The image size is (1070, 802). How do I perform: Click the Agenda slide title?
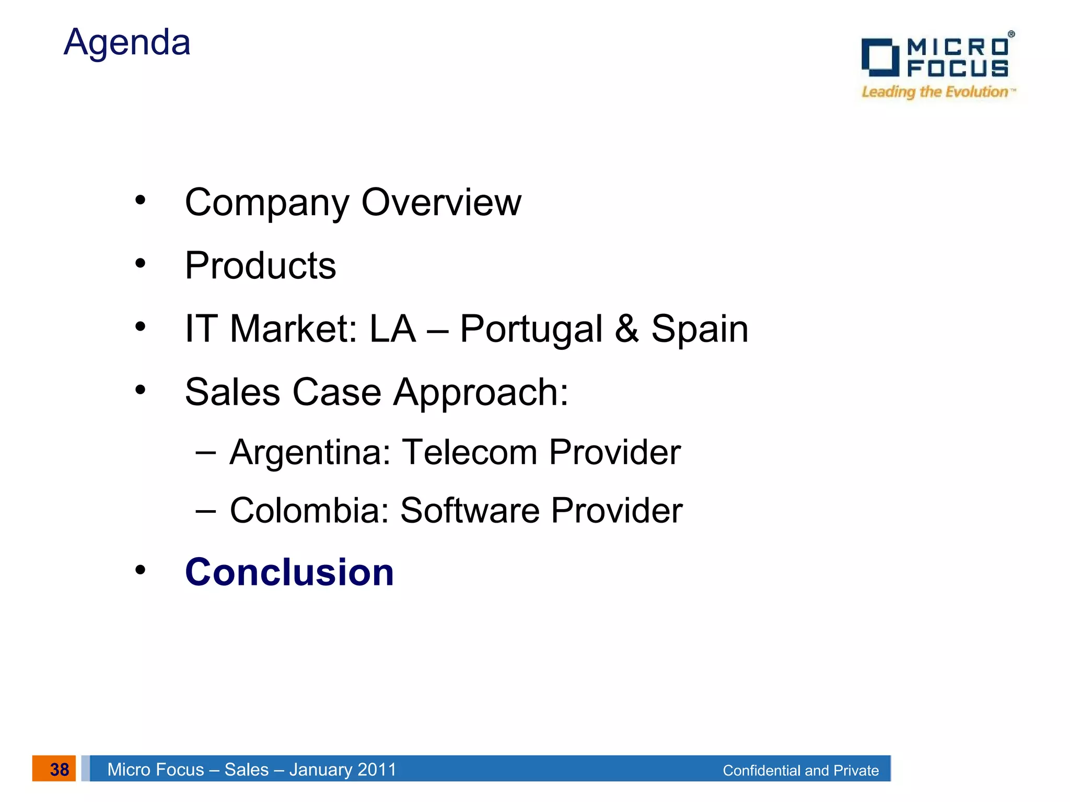[127, 42]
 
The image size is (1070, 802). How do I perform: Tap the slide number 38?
[59, 769]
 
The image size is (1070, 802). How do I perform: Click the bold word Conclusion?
[289, 572]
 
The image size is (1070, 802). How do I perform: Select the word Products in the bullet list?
[260, 266]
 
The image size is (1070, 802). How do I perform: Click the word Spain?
[700, 329]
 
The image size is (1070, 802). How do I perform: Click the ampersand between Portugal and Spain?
[626, 329]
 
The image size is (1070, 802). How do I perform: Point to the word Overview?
[441, 203]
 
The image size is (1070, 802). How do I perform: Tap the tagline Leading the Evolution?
[935, 92]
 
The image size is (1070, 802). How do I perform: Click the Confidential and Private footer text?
[800, 770]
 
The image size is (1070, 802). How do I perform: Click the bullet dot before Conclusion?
[140, 570]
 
